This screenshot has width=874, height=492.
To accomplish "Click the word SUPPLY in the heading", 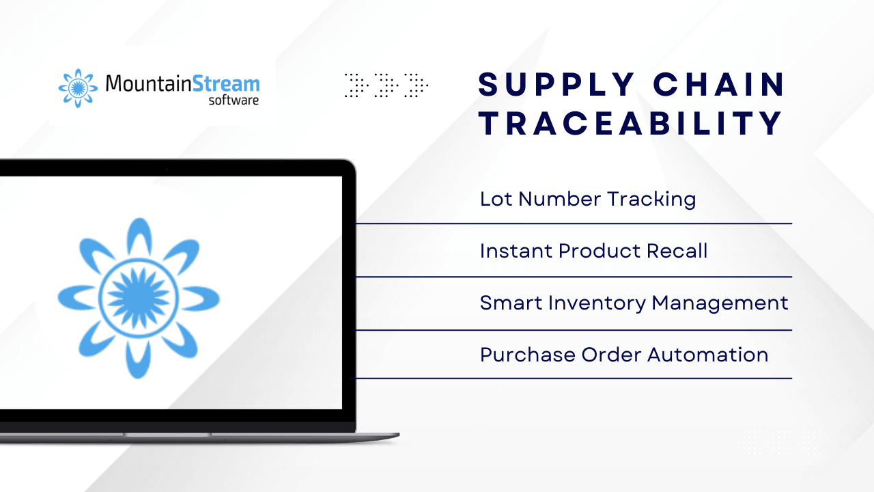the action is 556,84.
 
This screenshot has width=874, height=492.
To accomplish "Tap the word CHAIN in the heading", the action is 719,84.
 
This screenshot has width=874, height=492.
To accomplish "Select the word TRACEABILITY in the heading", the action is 630,123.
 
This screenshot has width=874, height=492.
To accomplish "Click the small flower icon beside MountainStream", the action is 78,88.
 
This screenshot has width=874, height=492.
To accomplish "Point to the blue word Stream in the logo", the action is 226,83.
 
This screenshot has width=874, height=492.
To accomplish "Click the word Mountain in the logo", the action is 149,83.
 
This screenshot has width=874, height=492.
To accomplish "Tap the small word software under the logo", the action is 234,100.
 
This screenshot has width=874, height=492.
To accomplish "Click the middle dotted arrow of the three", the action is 386,85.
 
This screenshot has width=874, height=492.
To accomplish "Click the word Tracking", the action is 651,200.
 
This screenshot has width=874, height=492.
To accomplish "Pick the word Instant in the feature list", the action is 516,251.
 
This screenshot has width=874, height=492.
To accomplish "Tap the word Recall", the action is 677,251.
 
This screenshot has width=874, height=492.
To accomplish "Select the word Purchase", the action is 528,355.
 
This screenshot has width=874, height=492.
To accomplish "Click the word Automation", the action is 708,355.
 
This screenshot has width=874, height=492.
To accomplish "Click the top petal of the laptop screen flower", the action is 139,236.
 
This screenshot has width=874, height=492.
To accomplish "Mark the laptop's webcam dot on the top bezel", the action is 167,169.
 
